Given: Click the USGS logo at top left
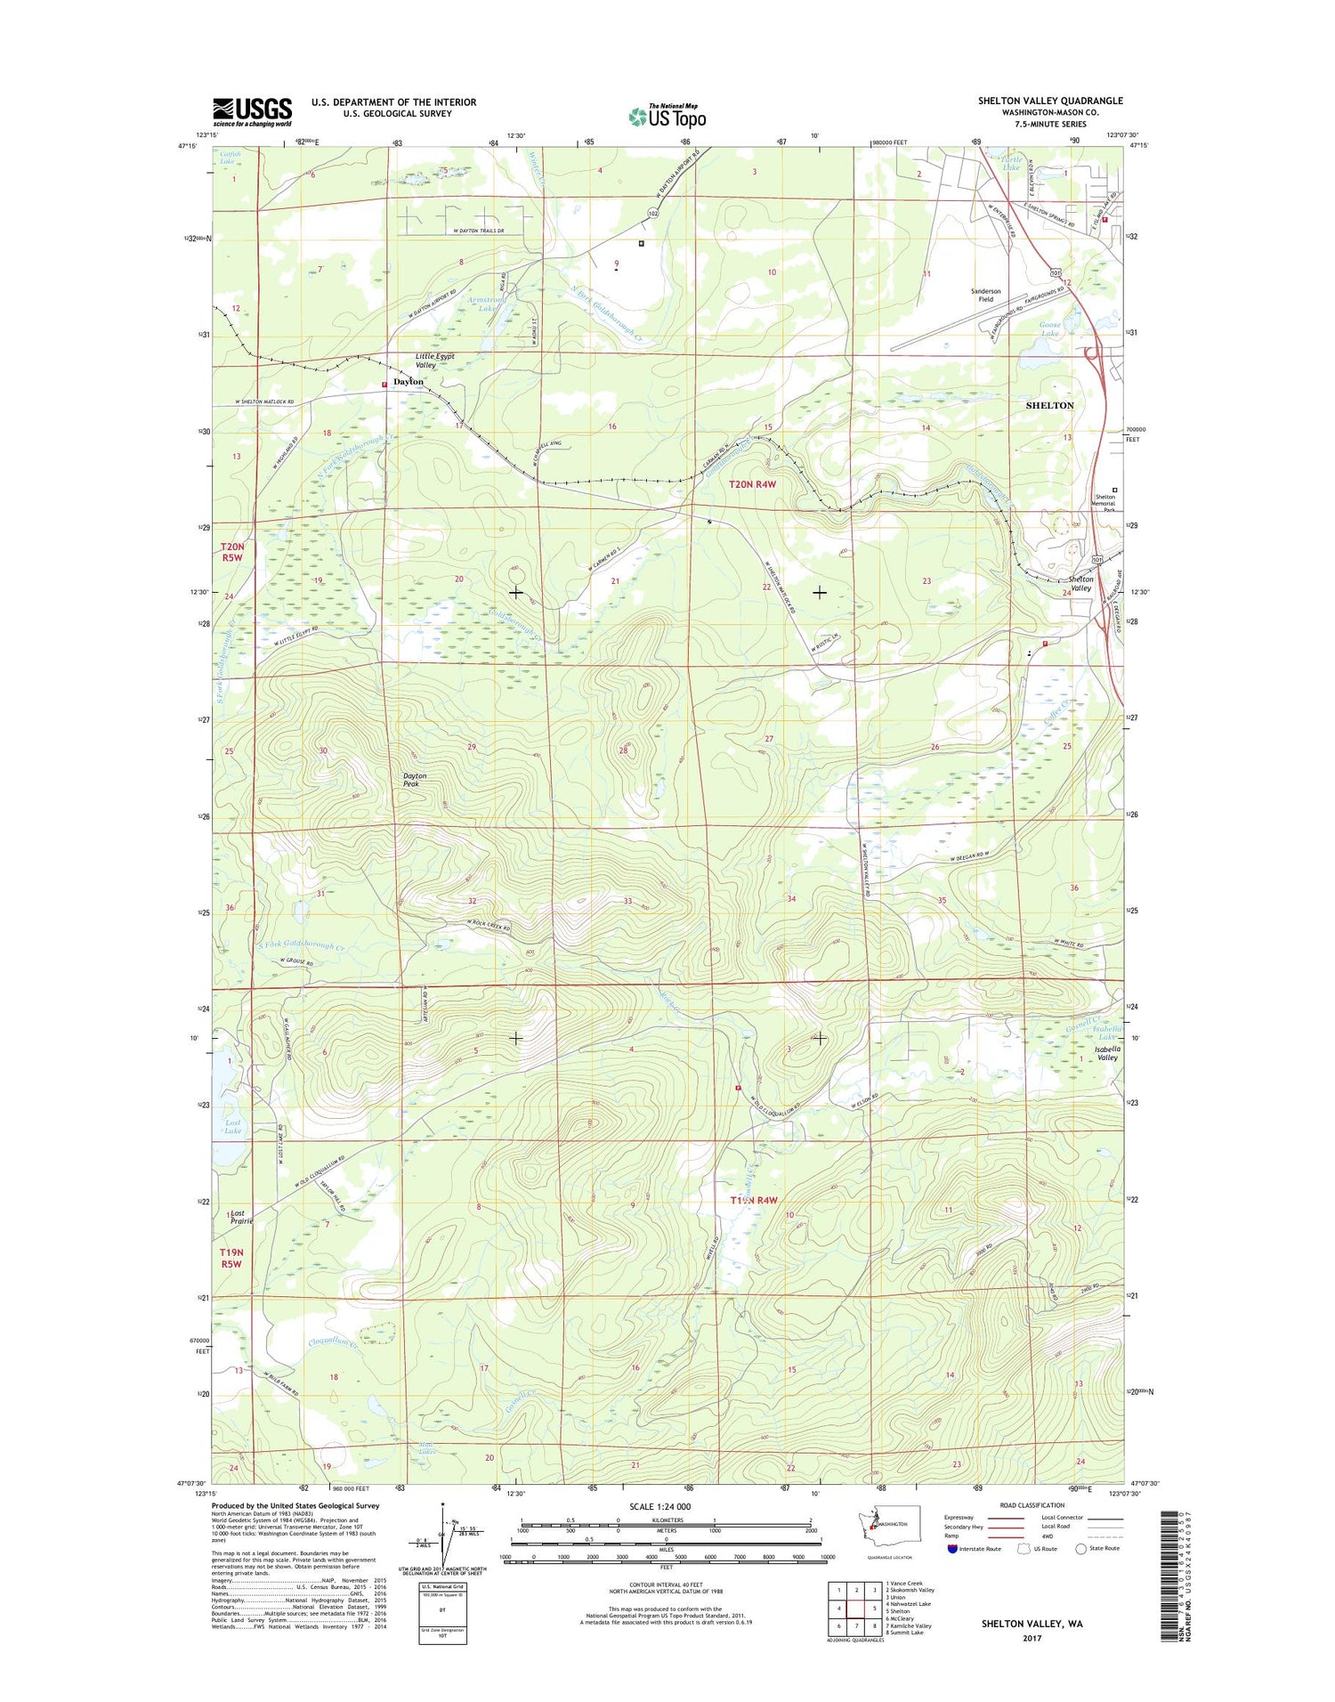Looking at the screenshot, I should (252, 111).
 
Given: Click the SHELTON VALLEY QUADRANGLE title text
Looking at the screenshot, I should (1050, 101).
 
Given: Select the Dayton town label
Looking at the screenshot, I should (409, 382).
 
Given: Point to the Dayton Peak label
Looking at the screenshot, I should (415, 780).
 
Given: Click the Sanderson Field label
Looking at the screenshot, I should (985, 295).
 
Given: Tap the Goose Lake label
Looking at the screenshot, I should (1050, 329).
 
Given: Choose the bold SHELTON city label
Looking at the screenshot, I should (1049, 405).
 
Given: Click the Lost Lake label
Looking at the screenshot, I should (232, 1127).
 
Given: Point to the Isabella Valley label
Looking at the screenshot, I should (1107, 1053).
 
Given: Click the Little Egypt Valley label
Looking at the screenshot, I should (434, 361).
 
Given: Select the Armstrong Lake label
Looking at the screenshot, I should (486, 304).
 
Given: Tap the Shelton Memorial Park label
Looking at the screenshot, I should (1104, 503).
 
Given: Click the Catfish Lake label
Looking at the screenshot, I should (228, 158).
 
